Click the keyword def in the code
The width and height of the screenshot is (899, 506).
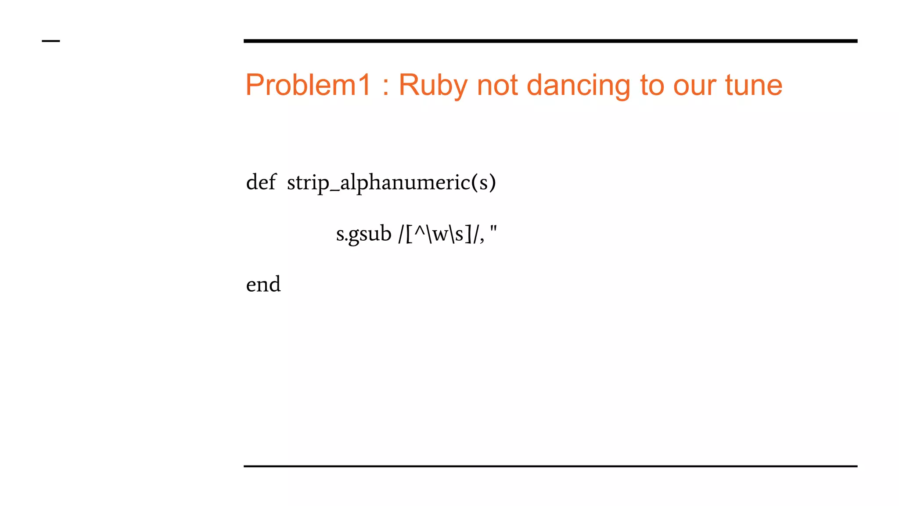261,182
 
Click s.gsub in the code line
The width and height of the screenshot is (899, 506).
363,234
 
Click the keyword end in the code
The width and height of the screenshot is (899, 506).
263,285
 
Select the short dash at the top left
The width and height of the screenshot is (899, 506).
51,41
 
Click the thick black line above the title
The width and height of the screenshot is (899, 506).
550,41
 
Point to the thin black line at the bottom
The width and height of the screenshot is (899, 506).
550,466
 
